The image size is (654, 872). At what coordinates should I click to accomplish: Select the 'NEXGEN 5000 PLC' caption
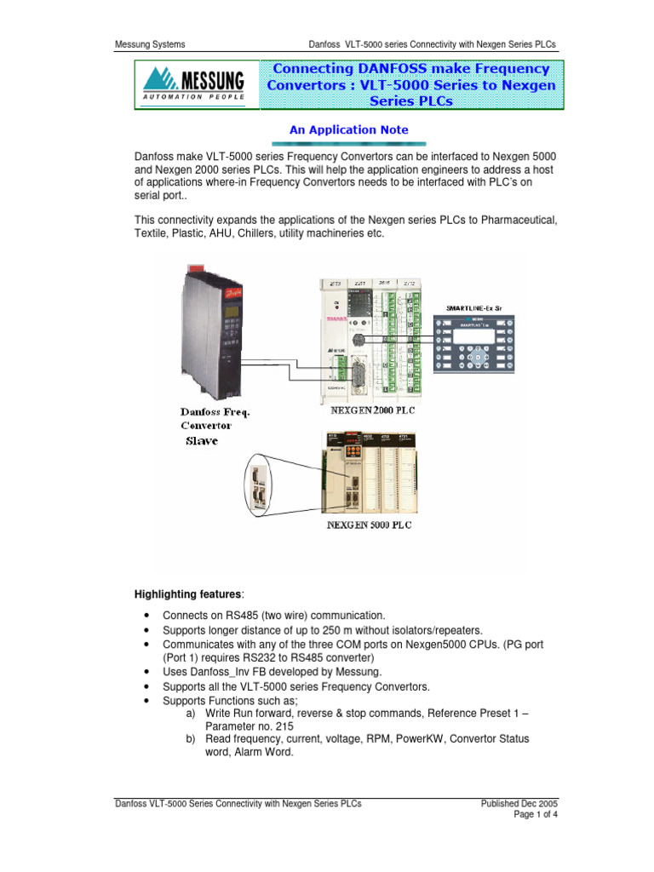click(x=370, y=525)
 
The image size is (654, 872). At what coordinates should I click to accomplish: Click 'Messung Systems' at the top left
click(x=150, y=44)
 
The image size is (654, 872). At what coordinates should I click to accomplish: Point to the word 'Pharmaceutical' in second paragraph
click(x=517, y=221)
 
